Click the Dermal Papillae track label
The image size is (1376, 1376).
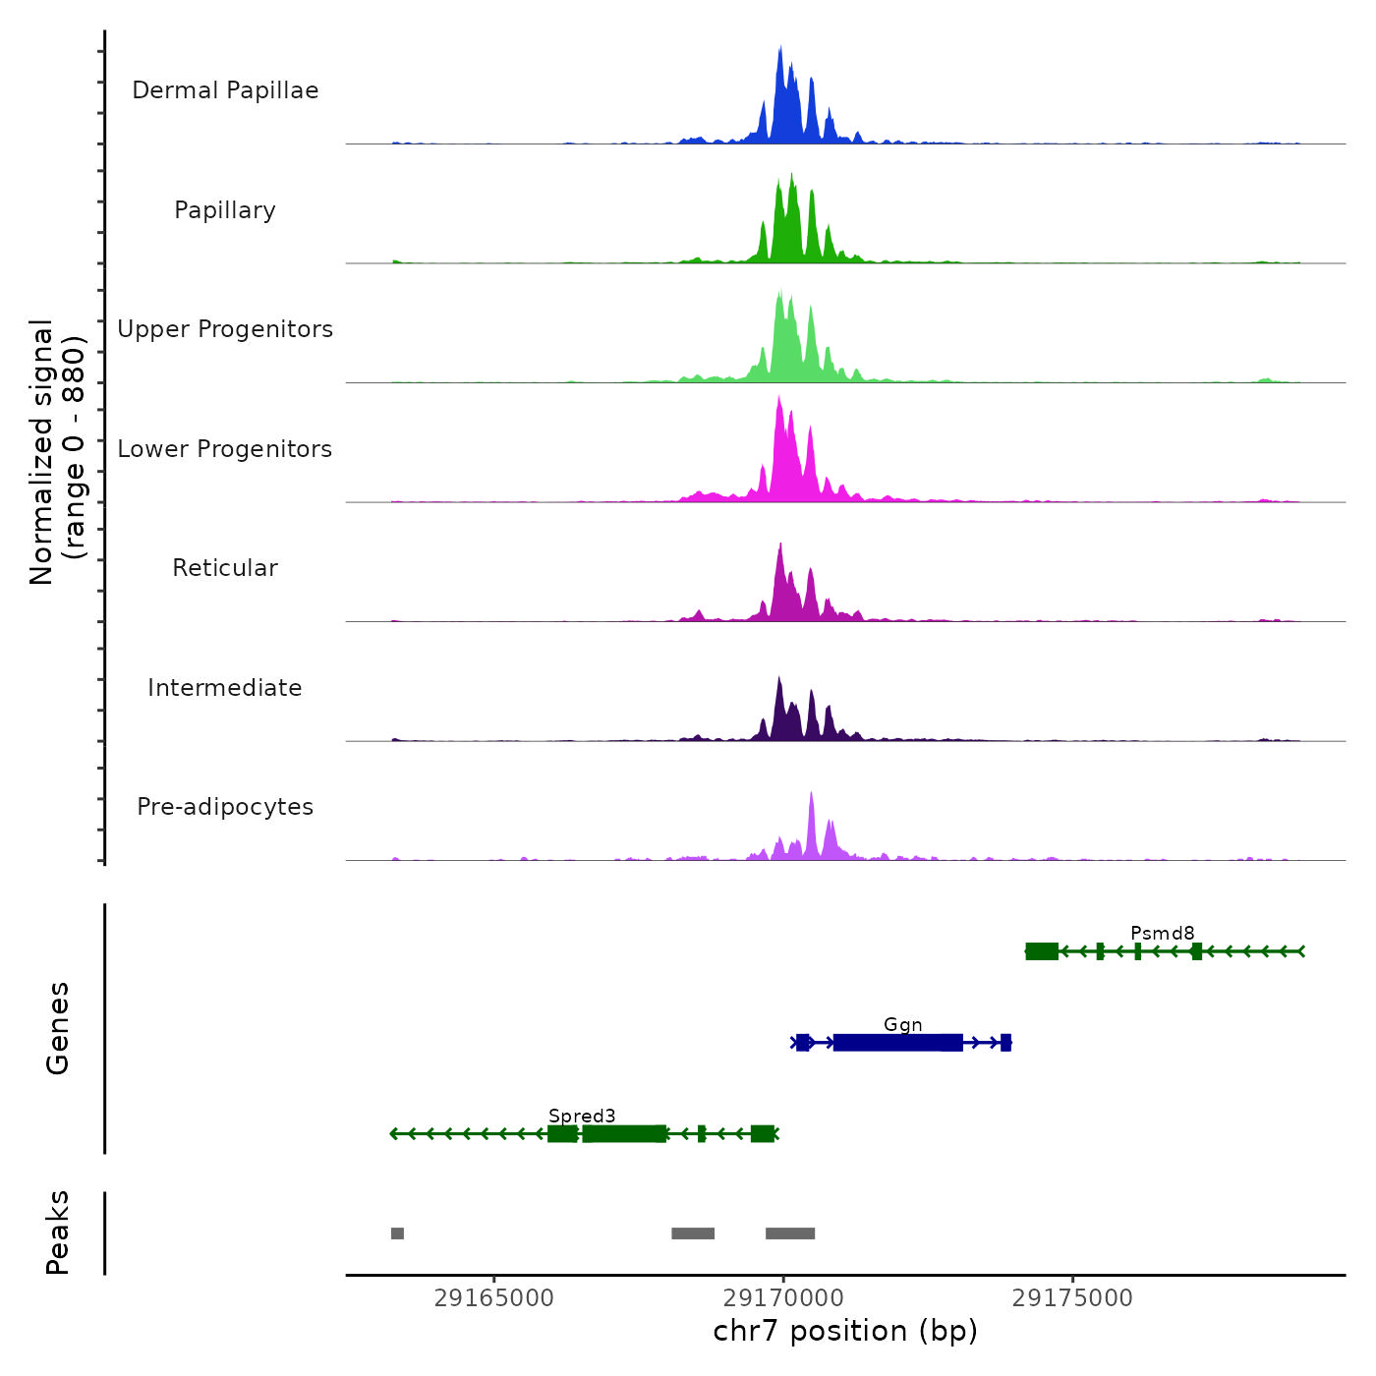point(225,90)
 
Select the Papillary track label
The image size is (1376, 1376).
point(225,210)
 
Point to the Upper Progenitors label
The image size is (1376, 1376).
point(225,329)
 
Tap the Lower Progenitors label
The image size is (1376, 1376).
point(225,449)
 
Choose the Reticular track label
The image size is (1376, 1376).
point(225,568)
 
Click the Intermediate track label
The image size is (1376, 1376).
point(225,688)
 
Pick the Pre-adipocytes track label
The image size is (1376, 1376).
point(225,807)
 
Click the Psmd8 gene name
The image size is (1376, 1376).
point(1163,933)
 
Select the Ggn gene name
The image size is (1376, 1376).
point(903,1024)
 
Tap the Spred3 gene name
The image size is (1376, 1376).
point(582,1116)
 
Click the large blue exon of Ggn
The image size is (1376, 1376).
point(897,1043)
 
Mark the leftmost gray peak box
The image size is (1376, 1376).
point(397,1233)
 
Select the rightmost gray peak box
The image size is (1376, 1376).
point(790,1233)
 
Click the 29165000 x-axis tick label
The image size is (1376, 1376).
point(494,1298)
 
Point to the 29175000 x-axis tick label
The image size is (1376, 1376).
point(1072,1298)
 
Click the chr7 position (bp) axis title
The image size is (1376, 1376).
point(845,1331)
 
